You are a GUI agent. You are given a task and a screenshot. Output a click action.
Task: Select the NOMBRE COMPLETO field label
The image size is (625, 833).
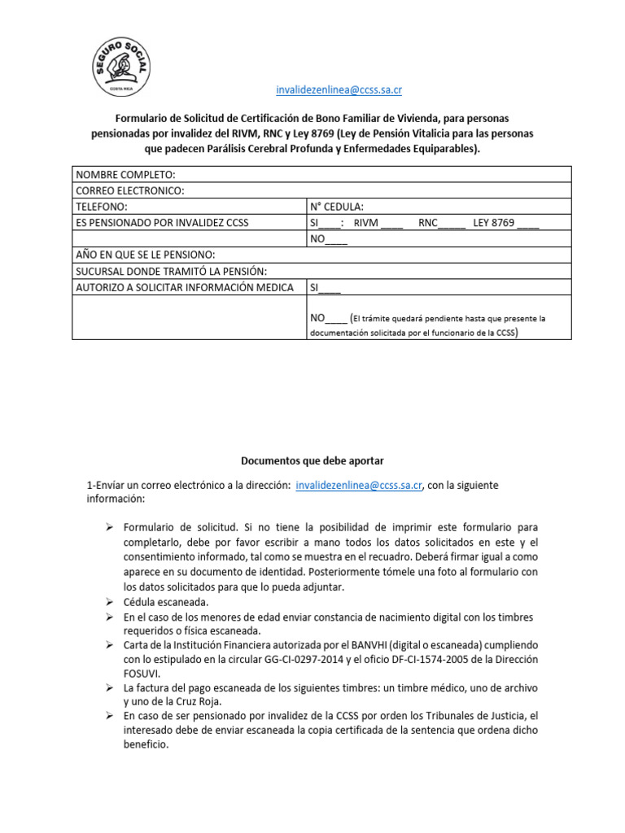(125, 174)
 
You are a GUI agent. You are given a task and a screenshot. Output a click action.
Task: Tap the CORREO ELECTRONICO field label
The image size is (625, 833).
(130, 190)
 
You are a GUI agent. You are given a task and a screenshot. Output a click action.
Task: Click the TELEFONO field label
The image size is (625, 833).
(102, 207)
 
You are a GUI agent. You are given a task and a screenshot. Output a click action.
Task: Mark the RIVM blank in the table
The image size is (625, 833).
(391, 223)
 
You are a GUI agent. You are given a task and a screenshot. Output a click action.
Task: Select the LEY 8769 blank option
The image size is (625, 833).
(527, 223)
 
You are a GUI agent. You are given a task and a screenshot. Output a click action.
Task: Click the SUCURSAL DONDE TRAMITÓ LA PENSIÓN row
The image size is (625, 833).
(171, 271)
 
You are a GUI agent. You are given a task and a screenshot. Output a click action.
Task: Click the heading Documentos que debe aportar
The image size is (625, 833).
(312, 460)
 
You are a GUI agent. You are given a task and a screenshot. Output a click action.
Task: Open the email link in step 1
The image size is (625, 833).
(359, 485)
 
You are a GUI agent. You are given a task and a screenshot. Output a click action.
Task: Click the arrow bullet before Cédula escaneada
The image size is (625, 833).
(109, 601)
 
